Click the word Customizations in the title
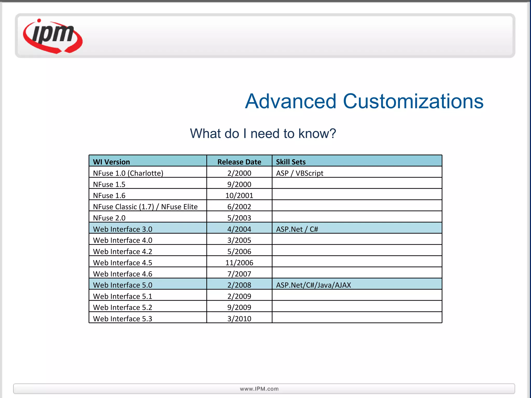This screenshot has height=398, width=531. point(413,101)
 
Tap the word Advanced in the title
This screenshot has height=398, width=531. point(291,101)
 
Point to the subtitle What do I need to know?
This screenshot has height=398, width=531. point(263,134)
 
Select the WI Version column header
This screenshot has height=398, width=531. point(111,162)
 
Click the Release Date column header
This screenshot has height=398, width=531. point(239,162)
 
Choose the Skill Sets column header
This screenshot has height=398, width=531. point(291,162)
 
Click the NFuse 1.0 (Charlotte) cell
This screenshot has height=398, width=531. point(128,173)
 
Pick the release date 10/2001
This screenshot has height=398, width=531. point(239,195)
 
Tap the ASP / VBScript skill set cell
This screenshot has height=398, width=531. point(299,173)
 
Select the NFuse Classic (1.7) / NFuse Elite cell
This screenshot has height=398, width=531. point(145,207)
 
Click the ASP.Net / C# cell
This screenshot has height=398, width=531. point(297,229)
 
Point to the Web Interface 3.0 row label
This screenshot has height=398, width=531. point(123,229)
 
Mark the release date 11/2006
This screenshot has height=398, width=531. point(239,263)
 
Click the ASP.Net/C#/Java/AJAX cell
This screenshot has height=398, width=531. point(313,285)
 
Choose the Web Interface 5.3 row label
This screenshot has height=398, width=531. point(123,319)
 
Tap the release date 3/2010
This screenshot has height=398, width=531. point(239,319)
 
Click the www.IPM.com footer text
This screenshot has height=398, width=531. point(259,389)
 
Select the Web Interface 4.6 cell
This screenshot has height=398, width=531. point(123,274)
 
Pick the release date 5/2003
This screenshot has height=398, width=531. point(239,218)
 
